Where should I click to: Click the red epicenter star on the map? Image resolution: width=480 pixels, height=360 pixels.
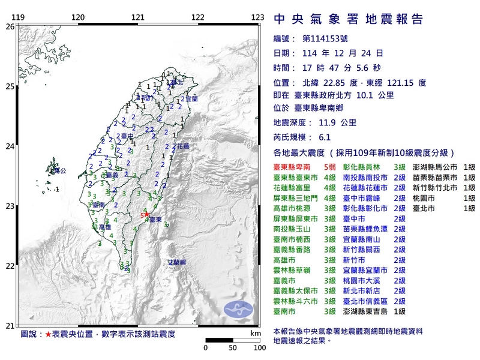pos(146,214)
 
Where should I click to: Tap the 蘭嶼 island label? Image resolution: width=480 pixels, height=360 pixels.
pos(176,262)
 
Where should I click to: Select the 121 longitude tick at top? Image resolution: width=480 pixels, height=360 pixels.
pos(138,17)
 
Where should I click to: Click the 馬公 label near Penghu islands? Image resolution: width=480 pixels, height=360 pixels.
pos(58,172)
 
